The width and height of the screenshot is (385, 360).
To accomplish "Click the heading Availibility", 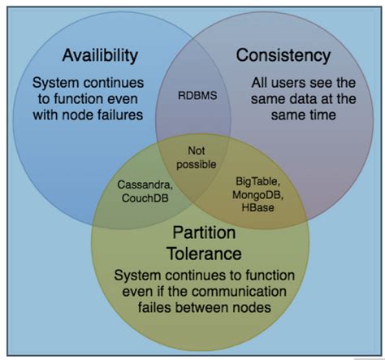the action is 100,55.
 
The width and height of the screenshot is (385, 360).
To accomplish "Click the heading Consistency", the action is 283,55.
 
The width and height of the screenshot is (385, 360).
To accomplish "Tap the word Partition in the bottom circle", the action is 204,232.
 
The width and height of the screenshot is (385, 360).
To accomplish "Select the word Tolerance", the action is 204,254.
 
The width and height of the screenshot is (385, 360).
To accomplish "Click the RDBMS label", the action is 197,95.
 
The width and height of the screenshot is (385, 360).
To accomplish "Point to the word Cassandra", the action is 145,184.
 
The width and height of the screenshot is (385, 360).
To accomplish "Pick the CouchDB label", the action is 145,198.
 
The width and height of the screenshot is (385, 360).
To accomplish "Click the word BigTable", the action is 257,181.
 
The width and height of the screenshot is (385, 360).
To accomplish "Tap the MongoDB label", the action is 257,195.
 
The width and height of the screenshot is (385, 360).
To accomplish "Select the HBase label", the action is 257,207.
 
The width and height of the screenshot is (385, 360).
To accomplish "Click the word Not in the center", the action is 197,150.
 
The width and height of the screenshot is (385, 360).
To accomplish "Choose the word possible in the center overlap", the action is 197,164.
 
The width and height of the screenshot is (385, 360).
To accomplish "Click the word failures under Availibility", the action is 120,115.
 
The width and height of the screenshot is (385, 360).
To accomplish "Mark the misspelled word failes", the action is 154,307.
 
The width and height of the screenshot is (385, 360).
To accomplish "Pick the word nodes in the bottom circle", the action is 252,308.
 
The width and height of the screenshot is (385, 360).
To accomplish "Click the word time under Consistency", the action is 322,115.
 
